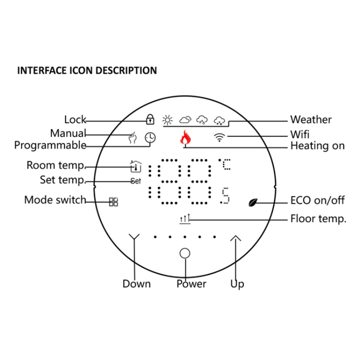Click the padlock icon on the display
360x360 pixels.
coord(150,119)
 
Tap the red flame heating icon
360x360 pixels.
coord(185,138)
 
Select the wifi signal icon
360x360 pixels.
coord(220,138)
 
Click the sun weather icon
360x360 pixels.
coord(167,120)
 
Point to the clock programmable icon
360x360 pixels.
coord(150,138)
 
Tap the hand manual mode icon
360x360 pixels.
coord(133,138)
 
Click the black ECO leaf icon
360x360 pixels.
coord(253,202)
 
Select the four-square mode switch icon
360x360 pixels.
coord(113,202)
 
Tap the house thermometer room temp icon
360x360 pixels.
coord(136,166)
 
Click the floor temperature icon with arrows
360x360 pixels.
coord(185,219)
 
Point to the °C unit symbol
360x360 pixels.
coord(225,165)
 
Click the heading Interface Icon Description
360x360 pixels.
coord(87,71)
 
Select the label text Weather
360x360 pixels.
coord(311,120)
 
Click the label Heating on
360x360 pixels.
coord(317,146)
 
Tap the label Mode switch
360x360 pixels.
coord(55,200)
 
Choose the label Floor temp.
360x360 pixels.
coord(318,219)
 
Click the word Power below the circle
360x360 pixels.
coord(191,284)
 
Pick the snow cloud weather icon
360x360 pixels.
coord(219,120)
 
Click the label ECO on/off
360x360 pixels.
coord(317,200)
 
